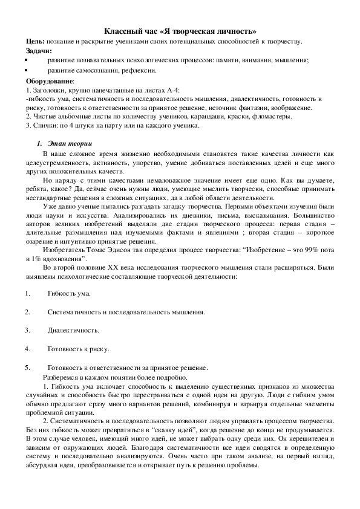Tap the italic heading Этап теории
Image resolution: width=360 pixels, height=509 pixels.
click(69, 144)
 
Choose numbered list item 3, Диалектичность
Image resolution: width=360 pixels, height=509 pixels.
click(73, 331)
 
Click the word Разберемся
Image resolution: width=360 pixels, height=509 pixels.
click(62, 376)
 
